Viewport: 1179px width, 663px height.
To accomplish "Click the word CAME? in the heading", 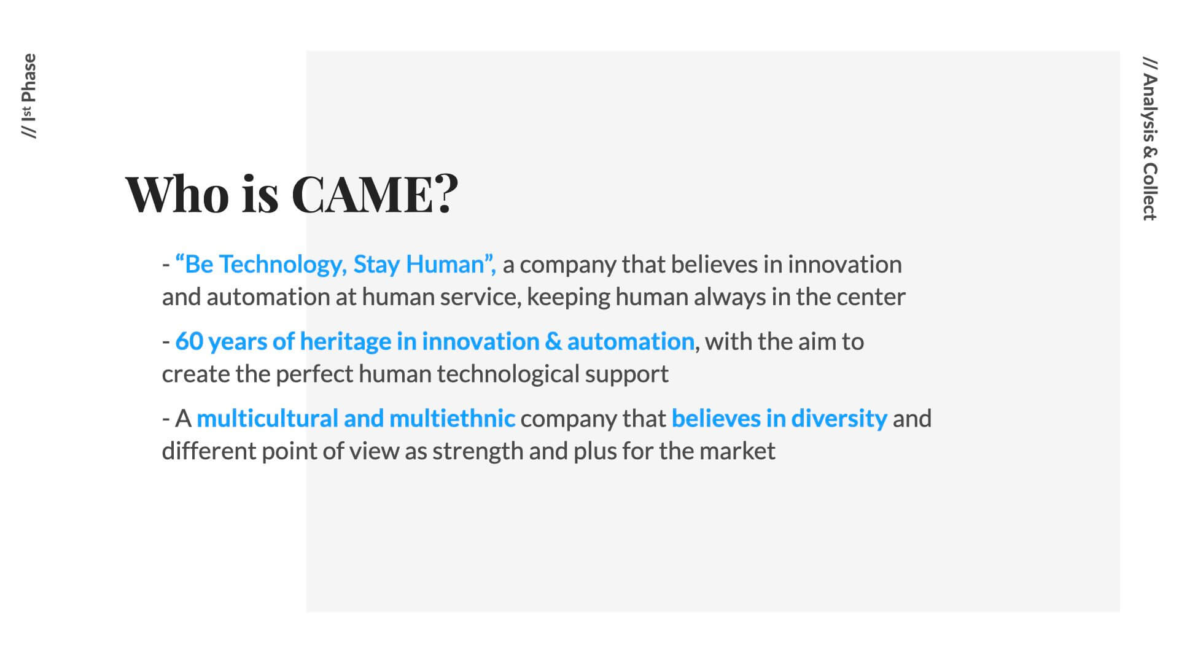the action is pyautogui.click(x=375, y=193).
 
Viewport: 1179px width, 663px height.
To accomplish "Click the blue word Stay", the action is pyautogui.click(x=376, y=265).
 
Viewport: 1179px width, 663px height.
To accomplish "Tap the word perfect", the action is pyautogui.click(x=314, y=374).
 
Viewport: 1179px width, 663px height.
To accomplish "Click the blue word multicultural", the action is pyautogui.click(x=268, y=419).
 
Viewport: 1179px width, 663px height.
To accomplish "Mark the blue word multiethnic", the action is pyautogui.click(x=452, y=419).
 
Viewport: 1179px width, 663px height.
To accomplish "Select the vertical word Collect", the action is pyautogui.click(x=1150, y=192).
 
